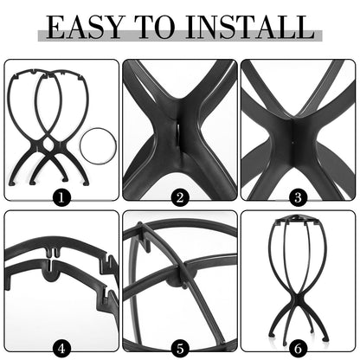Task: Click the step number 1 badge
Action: click(60, 197)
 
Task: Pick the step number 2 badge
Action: click(180, 197)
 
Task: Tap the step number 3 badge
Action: click(299, 197)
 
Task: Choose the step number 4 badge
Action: click(60, 349)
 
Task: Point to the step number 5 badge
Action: click(180, 349)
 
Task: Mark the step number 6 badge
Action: click(299, 349)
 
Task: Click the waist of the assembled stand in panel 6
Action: click(299, 299)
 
